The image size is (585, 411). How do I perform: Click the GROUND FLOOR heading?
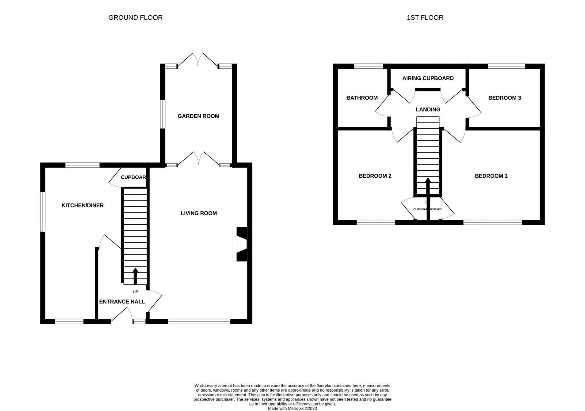[x=135, y=18]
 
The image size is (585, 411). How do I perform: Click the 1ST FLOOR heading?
[x=425, y=18]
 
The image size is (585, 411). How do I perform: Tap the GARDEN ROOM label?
[x=198, y=116]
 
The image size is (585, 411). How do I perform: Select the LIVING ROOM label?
[x=199, y=213]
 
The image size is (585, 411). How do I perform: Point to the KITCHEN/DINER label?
[x=82, y=205]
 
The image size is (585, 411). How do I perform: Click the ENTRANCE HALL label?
[x=122, y=302]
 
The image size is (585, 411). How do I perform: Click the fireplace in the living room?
[x=241, y=244]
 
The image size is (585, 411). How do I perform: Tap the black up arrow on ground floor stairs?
[x=135, y=276]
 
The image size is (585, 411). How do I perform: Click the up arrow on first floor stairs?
[x=428, y=186]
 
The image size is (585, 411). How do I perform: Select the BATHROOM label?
[x=362, y=98]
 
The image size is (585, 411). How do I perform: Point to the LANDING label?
[x=428, y=109]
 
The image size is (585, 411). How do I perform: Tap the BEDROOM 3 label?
[x=505, y=98]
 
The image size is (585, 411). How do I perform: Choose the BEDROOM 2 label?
[x=375, y=176]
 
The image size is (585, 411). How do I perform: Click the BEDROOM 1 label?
[x=491, y=176]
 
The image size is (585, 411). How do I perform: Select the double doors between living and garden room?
[x=199, y=160]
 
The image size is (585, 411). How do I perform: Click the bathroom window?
[x=368, y=66]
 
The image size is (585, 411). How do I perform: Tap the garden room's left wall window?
[x=162, y=114]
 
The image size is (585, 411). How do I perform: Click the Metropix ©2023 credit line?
[x=292, y=408]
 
